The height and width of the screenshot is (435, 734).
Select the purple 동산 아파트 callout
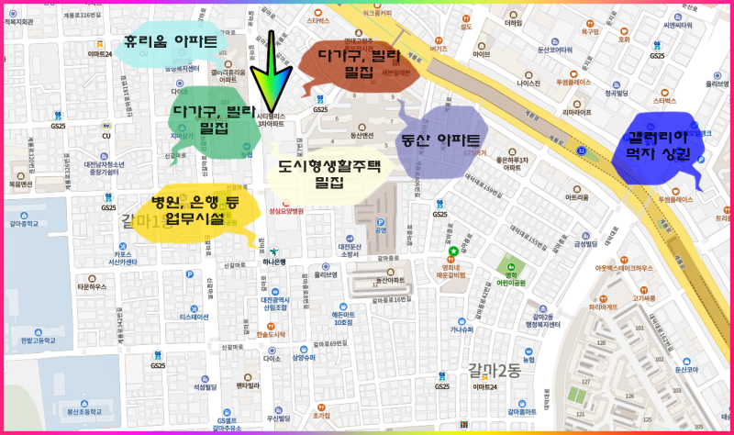[441, 140]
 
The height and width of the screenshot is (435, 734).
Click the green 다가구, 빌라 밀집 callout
[213, 119]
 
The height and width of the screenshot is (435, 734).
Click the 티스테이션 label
[195, 316]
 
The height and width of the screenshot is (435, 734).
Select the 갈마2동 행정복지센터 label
[536, 321]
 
